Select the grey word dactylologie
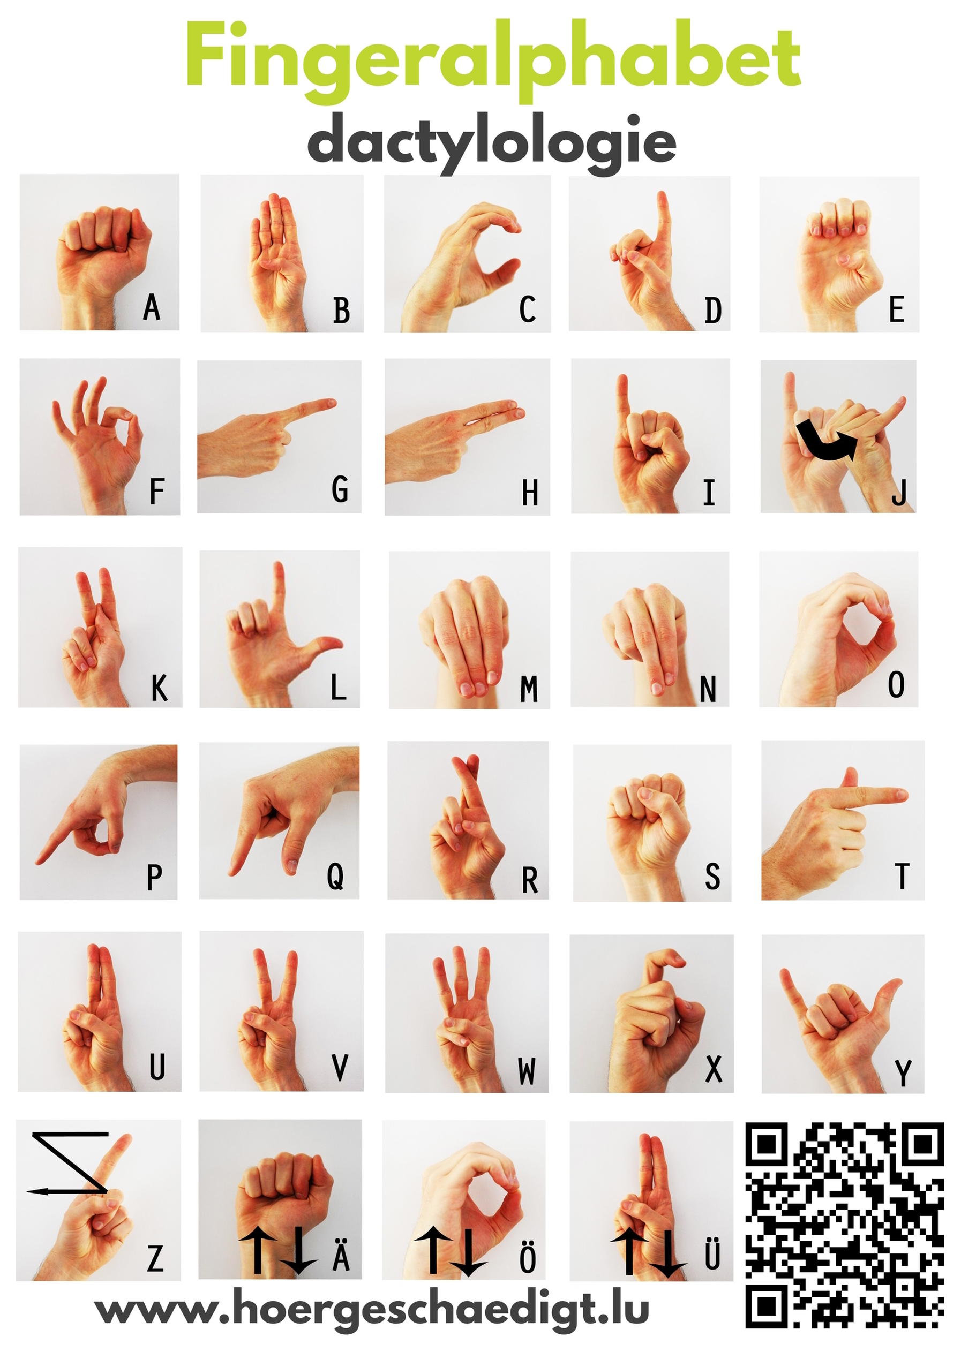point(491,143)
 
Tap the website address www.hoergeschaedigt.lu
point(372,1311)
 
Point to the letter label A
point(152,307)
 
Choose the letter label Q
point(335,877)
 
